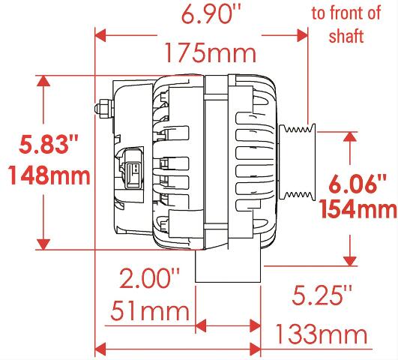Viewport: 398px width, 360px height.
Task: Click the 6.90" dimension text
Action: tap(210, 14)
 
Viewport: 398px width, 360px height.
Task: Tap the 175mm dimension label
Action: tap(211, 52)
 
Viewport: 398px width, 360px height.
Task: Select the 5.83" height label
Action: tap(45, 144)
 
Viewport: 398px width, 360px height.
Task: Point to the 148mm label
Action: tap(49, 175)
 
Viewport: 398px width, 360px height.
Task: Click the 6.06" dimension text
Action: tap(358, 184)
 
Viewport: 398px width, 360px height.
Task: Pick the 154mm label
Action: tap(358, 208)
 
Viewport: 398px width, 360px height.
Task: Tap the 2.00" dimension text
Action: tap(150, 278)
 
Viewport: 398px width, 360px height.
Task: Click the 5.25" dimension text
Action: tap(322, 295)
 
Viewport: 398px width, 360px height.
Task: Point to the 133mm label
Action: tap(322, 334)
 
